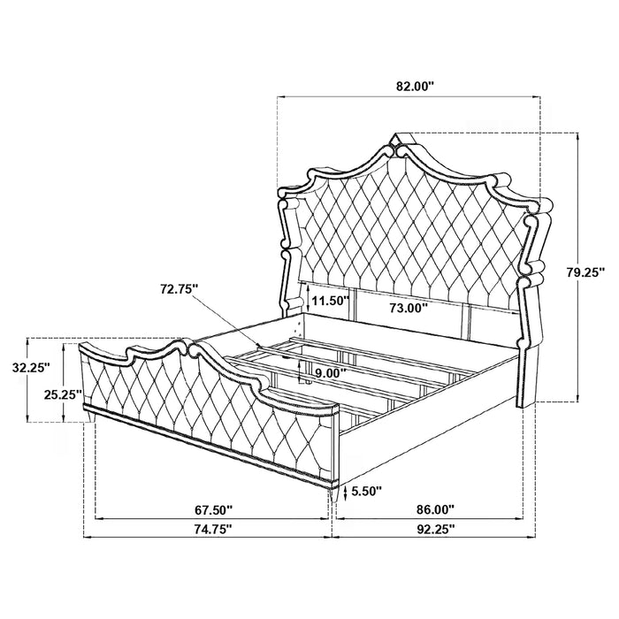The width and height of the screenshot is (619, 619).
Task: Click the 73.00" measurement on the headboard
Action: (x=408, y=308)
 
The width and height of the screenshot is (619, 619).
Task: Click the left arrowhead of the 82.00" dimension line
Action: (x=281, y=97)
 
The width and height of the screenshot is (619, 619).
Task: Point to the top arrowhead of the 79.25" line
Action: (x=577, y=135)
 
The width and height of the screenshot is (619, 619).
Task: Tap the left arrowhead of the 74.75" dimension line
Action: (x=85, y=538)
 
